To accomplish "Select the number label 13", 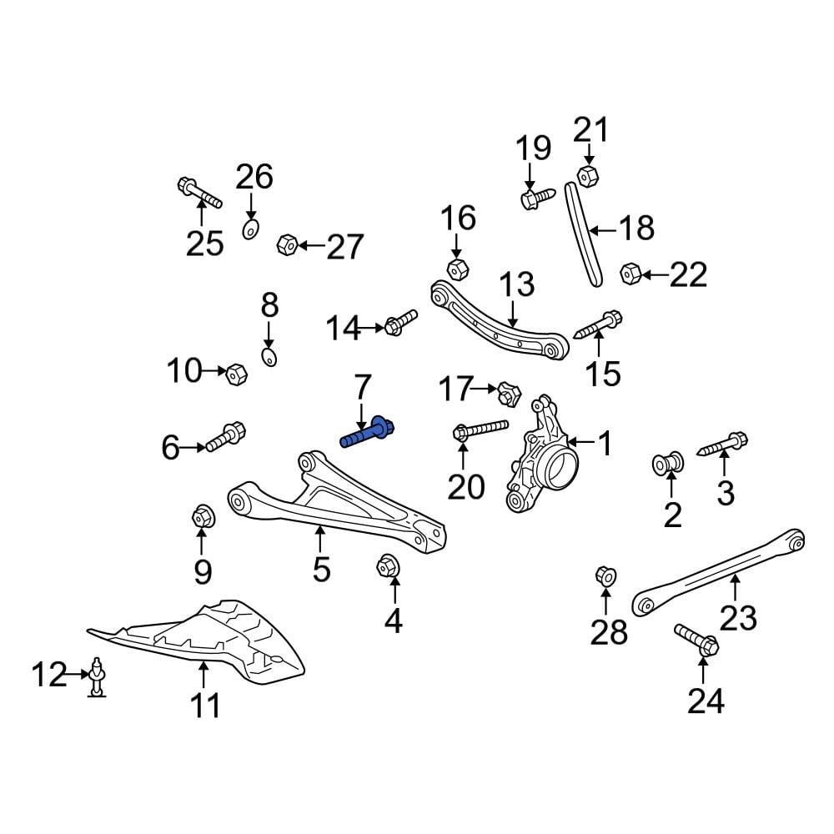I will [x=516, y=285].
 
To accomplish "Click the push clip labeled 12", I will [x=98, y=675].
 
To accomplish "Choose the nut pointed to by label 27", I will [x=287, y=245].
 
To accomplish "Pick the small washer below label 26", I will [x=250, y=229].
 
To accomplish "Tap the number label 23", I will [x=737, y=617].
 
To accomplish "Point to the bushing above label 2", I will [x=669, y=462].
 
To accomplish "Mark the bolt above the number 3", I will [x=722, y=445].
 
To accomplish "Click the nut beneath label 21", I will [x=587, y=174].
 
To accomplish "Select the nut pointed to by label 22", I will [x=631, y=273].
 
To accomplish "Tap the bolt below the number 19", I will [x=537, y=198].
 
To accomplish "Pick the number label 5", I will [x=322, y=570].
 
